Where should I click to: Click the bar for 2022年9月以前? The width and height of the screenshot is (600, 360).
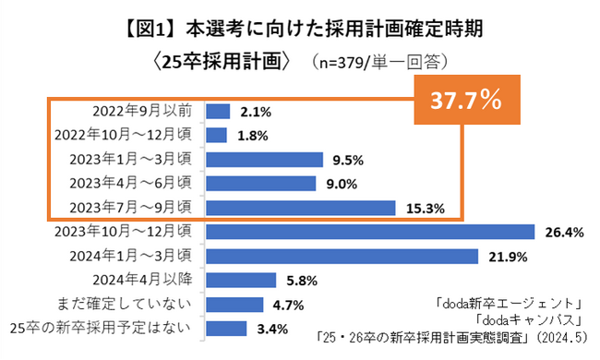[218, 112]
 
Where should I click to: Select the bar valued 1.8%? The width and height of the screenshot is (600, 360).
[217, 136]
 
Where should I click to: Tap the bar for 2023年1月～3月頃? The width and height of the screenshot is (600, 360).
[264, 160]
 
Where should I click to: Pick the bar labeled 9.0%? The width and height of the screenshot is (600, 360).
[261, 184]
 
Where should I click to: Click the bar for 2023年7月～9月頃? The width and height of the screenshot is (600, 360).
[301, 208]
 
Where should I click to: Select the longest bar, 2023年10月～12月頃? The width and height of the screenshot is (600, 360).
[370, 232]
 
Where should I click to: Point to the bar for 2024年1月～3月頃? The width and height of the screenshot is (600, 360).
[342, 256]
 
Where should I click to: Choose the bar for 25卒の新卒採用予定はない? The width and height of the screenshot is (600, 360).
[226, 328]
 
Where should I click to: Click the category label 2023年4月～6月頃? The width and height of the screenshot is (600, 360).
[123, 184]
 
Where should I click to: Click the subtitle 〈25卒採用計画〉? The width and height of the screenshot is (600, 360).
[222, 64]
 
